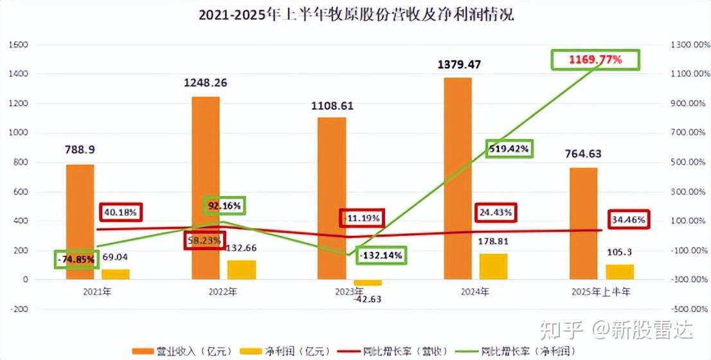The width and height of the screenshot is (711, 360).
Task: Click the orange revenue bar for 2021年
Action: pos(80,222)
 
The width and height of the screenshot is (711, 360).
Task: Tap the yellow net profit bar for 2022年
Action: pos(241,270)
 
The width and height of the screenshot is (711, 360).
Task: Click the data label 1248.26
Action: pos(206,83)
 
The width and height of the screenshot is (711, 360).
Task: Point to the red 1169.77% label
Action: pos(595,60)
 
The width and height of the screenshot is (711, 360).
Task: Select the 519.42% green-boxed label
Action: pos(509,149)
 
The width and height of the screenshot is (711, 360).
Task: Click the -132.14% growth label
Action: pos(381,255)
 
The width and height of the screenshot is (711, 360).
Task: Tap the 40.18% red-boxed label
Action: pos(121,212)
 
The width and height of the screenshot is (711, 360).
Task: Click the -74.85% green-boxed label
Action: pos(76,260)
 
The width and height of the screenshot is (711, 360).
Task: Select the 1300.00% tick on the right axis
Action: pos(685,45)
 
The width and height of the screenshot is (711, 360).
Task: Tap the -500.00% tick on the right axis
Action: pos(685,309)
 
